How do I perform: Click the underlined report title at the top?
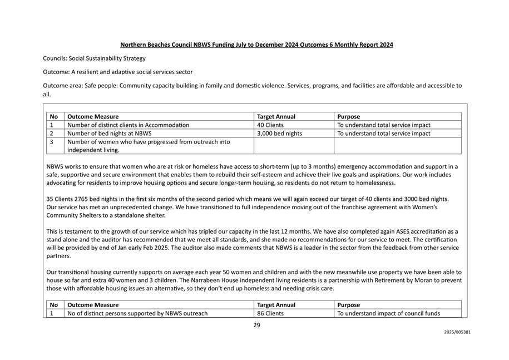coord(256,45)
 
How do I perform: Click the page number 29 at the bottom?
coord(256,326)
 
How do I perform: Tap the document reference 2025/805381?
coord(457,332)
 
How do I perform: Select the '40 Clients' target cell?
coord(270,125)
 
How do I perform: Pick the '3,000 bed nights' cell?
coord(280,134)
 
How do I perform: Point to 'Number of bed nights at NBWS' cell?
coord(110,134)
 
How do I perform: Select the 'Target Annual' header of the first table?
coord(276,117)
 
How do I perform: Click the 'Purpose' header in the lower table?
coord(349,305)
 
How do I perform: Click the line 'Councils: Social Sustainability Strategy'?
coord(95,58)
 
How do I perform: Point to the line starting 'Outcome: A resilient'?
coord(118,72)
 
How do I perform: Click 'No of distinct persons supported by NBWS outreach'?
coord(137,313)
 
